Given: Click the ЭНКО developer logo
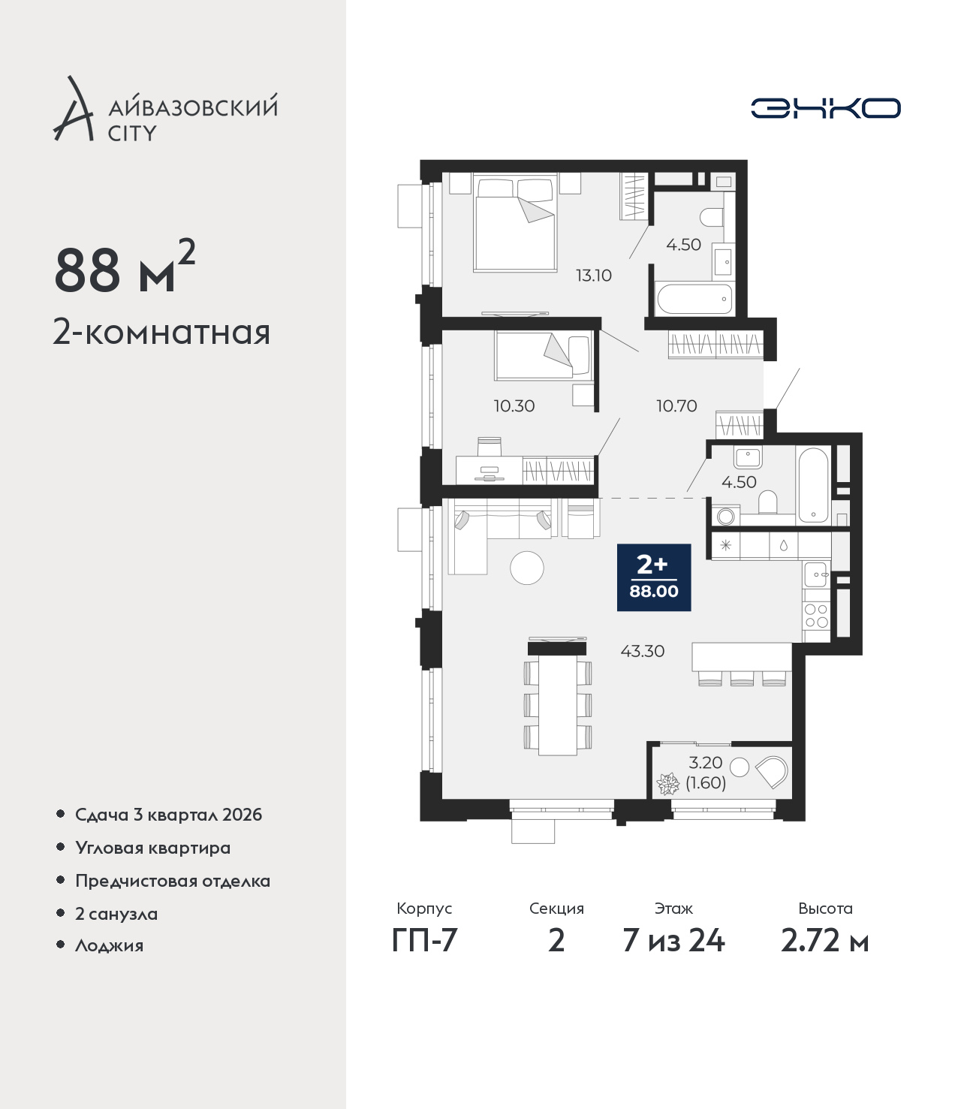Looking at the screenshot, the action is point(825,108).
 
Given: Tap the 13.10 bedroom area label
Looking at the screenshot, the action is point(593,276).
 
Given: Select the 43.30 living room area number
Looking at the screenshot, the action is point(642,651).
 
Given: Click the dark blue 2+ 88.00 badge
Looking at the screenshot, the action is point(653,577).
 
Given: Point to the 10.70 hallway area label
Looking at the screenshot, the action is point(676,405).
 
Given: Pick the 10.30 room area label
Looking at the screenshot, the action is point(514,405).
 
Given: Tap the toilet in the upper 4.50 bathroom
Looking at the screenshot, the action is point(712,217).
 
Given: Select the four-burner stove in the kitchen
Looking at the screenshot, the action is point(816,616).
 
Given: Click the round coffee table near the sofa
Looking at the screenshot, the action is point(527,568).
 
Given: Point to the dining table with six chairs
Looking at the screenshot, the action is point(558,704).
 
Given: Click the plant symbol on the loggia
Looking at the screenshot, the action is point(668,784).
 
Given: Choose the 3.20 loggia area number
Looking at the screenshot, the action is point(705,762).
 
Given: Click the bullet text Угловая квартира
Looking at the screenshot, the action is point(153,848).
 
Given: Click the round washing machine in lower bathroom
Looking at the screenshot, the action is point(726,517).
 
